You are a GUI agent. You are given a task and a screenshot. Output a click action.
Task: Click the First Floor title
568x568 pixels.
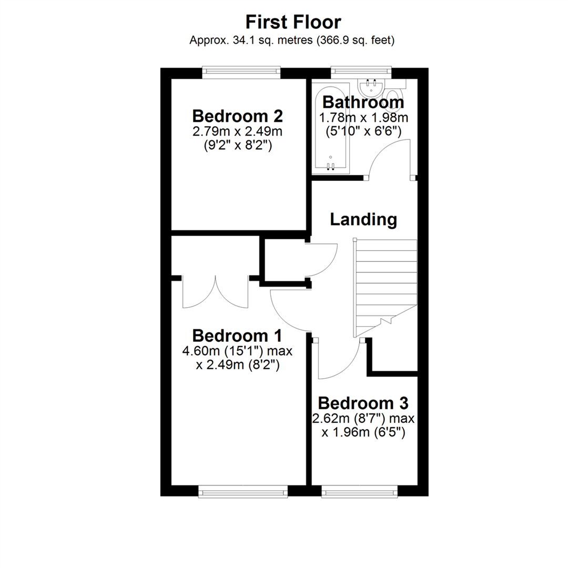coord(293,22)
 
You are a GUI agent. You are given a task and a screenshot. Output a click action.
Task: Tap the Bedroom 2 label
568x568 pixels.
coord(238,115)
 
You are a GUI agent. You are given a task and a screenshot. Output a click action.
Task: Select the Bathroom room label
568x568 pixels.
coord(363,102)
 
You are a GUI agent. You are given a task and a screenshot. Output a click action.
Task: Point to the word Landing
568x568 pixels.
coord(363,219)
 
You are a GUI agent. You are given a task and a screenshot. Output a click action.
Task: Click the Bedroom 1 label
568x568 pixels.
coord(237,335)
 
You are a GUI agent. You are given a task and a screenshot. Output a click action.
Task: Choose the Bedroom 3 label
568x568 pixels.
coord(363,403)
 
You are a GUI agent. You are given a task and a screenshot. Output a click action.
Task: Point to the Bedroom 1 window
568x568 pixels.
coord(243,492)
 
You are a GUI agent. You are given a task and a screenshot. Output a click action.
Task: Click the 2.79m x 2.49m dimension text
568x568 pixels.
coord(237,131)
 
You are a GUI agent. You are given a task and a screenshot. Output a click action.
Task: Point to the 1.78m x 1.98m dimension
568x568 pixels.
coord(363,117)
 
